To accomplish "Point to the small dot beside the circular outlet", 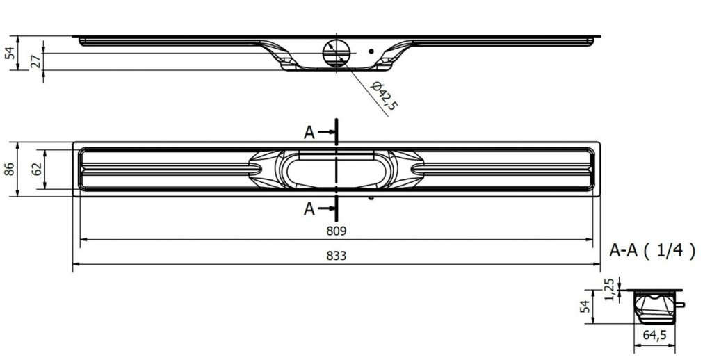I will (x=373, y=51).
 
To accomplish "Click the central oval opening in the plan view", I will (x=336, y=170).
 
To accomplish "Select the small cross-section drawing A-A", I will (x=653, y=306).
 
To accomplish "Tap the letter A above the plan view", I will (x=310, y=132).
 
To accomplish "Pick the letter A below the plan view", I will (x=310, y=206).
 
